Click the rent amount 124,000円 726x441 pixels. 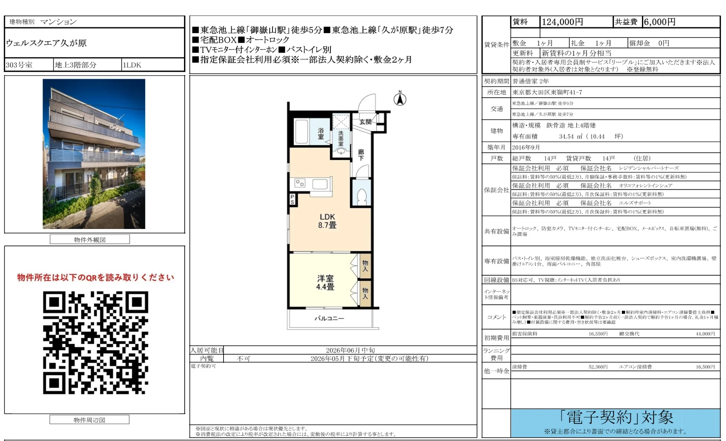[562, 22]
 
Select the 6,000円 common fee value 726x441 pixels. [659, 22]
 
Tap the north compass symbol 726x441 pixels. [400, 99]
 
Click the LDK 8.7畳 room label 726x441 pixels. [327, 221]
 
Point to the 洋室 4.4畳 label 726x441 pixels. [325, 283]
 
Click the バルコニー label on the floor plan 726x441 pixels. [329, 318]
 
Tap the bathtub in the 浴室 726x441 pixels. [301, 131]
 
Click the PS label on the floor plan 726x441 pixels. [292, 200]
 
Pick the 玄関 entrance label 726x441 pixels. [365, 122]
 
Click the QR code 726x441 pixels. [95, 342]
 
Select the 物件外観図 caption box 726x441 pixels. [90, 240]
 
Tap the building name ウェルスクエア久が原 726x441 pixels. [46, 43]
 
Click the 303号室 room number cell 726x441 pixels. [19, 65]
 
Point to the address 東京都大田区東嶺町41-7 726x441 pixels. [547, 92]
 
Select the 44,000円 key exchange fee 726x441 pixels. [705, 334]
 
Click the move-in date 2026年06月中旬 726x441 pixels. [350, 350]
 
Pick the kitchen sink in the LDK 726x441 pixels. [320, 184]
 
